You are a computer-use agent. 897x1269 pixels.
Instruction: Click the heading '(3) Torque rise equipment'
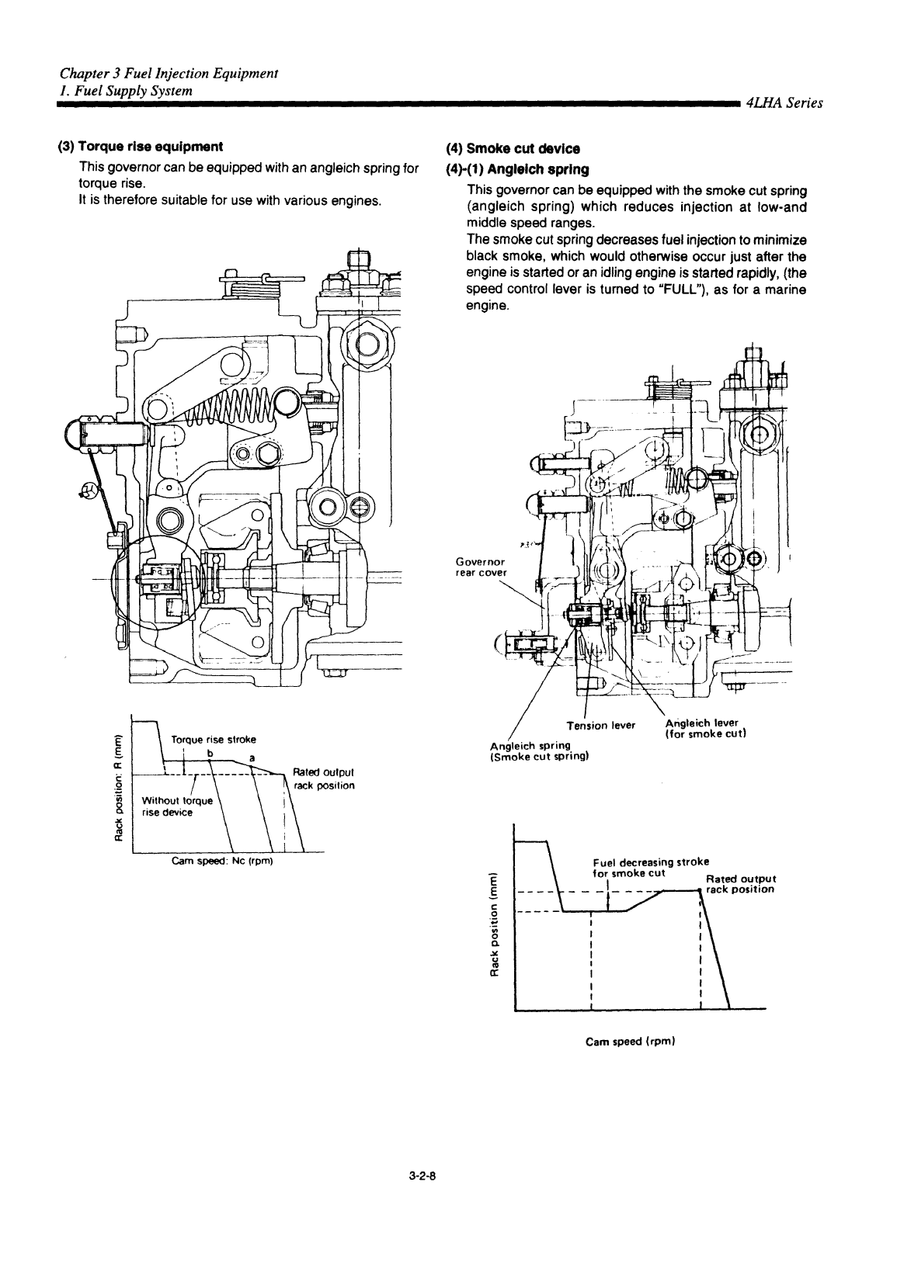(141, 147)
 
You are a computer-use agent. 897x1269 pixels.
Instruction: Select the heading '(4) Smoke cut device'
(513, 149)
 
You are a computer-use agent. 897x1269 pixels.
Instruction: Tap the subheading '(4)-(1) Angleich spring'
(518, 169)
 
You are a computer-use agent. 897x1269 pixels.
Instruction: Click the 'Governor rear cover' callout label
(480, 567)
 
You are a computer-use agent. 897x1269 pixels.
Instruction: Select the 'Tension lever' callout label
(601, 726)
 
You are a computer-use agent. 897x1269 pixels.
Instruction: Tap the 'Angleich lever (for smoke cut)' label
(705, 729)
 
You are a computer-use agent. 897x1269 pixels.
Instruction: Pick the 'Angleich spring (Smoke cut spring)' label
(530, 751)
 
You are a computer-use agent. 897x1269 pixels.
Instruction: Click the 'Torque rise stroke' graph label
(214, 740)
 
